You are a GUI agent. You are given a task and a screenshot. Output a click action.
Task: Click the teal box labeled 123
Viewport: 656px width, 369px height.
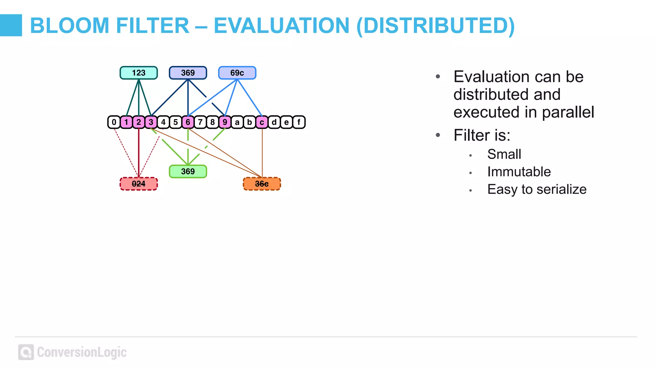coord(138,73)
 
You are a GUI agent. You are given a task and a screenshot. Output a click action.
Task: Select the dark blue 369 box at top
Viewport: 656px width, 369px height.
coord(188,73)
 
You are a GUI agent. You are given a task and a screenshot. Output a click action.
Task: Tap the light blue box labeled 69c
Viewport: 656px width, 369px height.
coord(237,73)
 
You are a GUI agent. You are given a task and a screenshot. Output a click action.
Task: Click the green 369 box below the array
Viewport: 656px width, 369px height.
coord(188,171)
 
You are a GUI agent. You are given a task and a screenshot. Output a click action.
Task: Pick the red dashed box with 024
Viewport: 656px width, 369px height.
coord(138,184)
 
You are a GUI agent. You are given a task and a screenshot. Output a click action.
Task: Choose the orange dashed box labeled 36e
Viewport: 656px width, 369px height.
coord(262,184)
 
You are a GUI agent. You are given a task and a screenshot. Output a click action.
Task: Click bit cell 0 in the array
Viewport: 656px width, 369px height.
coord(114,122)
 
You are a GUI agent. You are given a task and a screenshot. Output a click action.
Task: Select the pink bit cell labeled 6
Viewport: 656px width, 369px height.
coord(188,122)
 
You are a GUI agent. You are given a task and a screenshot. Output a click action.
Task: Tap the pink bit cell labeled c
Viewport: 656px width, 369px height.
coord(262,122)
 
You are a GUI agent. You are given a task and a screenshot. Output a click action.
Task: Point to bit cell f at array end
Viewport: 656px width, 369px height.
coord(299,122)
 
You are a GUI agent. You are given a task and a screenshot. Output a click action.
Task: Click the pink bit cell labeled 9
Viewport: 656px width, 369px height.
coord(225,122)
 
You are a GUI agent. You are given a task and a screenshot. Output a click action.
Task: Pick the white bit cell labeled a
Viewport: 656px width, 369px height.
coord(237,122)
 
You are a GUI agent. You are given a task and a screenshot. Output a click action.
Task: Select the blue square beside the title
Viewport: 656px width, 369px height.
coord(11,25)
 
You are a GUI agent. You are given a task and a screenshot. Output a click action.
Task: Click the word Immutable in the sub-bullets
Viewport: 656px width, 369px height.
coord(519,172)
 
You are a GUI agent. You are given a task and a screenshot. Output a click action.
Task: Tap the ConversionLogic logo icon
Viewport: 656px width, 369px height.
coord(26,352)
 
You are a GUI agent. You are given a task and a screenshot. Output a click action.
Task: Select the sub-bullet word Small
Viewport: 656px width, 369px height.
coord(504,154)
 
